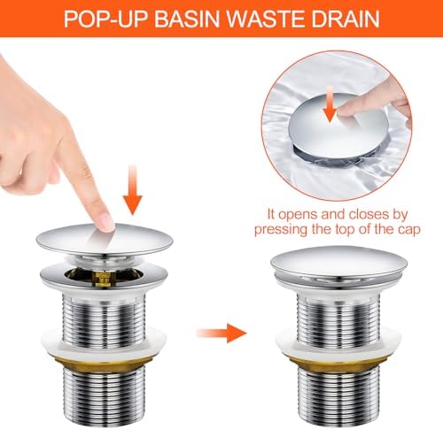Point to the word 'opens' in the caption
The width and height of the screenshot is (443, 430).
[298, 215]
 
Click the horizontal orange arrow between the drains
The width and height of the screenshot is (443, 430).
[221, 333]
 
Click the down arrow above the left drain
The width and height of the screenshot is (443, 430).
[133, 189]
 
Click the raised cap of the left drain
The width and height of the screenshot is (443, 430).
[105, 240]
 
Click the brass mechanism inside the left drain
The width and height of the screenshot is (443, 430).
[102, 279]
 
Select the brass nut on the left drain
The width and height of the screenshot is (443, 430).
[104, 361]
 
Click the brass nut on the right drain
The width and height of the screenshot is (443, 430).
[338, 361]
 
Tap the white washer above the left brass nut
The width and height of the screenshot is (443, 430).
[104, 342]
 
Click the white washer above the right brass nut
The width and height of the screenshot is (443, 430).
[338, 342]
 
